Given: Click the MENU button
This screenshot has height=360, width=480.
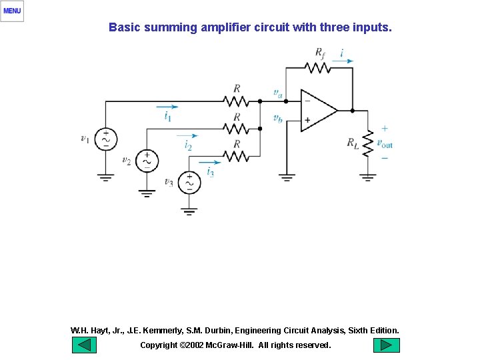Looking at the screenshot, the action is coord(12,11).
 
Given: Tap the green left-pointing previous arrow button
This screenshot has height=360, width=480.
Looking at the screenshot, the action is coord(84,345).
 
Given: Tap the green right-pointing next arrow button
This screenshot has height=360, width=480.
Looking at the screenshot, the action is coord(386,345).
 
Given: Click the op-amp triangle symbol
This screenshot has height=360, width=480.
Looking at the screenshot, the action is coord(318,111).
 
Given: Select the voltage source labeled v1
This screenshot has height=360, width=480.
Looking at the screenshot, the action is coord(105,139).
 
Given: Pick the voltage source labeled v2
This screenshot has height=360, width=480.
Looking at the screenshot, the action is coord(147,161).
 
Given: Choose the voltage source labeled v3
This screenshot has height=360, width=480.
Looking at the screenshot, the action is coord(189,182).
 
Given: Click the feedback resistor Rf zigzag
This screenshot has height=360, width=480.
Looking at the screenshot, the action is coord(317,67).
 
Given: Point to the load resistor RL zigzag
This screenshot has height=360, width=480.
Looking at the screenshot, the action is coord(367,143).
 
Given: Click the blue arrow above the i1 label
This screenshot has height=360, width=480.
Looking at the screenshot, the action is coord(167,106).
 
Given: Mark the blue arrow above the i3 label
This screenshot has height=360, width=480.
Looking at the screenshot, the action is coord(209,161).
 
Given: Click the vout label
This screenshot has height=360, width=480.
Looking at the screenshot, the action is coord(385,143).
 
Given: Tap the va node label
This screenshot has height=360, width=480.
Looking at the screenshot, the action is coord(278,93).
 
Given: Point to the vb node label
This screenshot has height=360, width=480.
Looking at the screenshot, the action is coord(278,118).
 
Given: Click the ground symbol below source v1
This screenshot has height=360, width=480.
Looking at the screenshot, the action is coord(105,177).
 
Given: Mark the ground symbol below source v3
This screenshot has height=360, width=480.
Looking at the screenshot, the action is coord(189,212).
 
